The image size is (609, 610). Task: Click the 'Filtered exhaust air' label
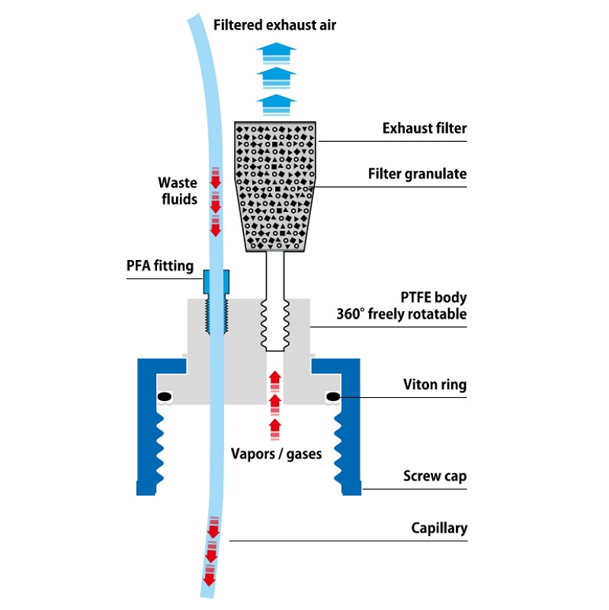(x=274, y=25)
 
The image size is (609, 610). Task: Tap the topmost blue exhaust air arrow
(x=276, y=53)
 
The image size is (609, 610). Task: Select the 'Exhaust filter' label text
(x=425, y=128)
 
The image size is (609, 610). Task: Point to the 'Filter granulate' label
(x=417, y=174)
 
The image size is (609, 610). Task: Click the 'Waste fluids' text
(x=178, y=191)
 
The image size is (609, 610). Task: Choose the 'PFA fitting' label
(x=160, y=266)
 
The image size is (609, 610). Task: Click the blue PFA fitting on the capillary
(x=216, y=281)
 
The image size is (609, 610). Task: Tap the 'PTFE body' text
(x=434, y=297)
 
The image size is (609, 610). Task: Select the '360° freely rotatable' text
(x=402, y=313)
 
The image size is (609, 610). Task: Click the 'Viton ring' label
(x=434, y=384)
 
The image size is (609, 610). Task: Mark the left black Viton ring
(x=164, y=396)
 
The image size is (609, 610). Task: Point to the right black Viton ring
(x=333, y=396)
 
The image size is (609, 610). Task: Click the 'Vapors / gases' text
(x=276, y=454)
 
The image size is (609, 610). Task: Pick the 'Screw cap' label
(x=434, y=476)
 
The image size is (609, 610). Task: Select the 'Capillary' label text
(x=439, y=528)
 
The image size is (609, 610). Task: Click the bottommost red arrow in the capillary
(x=209, y=575)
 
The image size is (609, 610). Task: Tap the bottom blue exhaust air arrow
(x=276, y=105)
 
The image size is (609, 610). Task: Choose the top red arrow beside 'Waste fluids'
(x=216, y=178)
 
